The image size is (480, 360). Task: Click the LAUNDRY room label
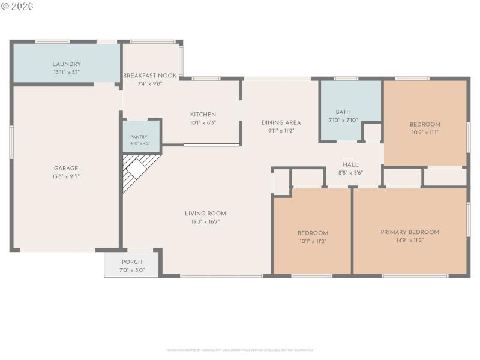click(67, 64)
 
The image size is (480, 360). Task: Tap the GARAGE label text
click(65, 169)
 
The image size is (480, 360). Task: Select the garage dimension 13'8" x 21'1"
click(65, 176)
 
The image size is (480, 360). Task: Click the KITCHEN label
click(203, 115)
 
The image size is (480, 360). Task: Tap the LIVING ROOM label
click(205, 214)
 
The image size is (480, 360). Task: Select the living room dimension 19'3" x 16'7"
click(205, 222)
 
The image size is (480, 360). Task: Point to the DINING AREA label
click(281, 122)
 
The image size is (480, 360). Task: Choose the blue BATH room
click(343, 111)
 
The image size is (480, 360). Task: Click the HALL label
click(350, 164)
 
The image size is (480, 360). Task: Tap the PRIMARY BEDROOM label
click(410, 232)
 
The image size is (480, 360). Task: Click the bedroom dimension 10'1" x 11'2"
click(313, 241)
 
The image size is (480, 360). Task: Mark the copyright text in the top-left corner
click(17, 6)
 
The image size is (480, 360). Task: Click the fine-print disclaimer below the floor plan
click(239, 350)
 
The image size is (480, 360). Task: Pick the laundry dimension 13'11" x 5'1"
click(67, 72)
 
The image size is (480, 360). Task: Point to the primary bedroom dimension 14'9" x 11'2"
click(410, 240)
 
